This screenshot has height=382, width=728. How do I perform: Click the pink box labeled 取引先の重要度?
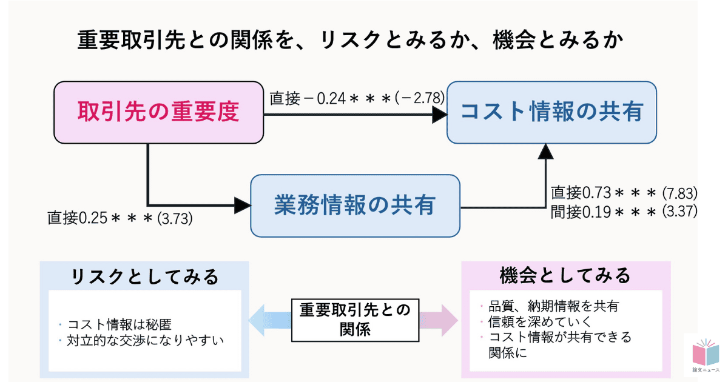pyautogui.click(x=159, y=112)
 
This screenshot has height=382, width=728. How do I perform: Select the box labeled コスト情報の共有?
pyautogui.click(x=551, y=112)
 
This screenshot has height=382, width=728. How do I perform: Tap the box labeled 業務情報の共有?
pyautogui.click(x=355, y=206)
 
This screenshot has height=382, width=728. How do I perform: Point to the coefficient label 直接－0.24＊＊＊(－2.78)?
pyautogui.click(x=357, y=98)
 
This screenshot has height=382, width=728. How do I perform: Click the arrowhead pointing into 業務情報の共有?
pyautogui.click(x=243, y=206)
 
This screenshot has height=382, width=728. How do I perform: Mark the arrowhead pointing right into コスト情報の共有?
pyautogui.click(x=439, y=113)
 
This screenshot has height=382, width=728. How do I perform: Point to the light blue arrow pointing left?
pyautogui.click(x=269, y=320)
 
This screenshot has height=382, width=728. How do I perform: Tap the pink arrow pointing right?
pyautogui.click(x=439, y=320)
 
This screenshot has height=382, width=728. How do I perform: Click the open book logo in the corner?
pyautogui.click(x=704, y=354)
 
